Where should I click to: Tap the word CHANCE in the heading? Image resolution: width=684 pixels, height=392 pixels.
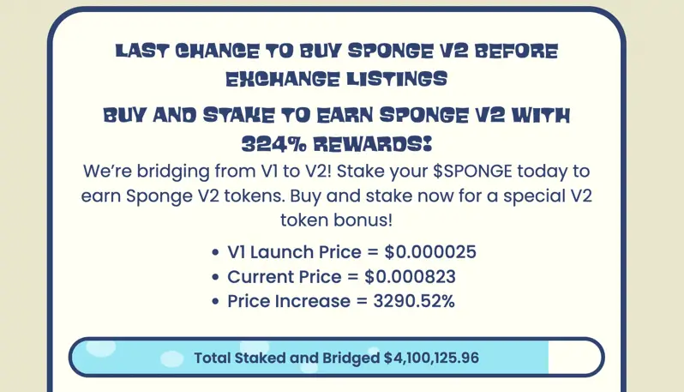tap(217, 51)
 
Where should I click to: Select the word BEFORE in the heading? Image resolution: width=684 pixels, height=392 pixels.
tap(517, 51)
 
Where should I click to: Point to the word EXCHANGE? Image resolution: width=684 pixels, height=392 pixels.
tap(283, 79)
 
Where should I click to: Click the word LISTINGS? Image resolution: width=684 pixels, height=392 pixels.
tap(397, 79)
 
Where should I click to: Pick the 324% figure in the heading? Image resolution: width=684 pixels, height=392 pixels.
tap(274, 143)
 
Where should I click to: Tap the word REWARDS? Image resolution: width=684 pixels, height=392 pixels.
tap(373, 143)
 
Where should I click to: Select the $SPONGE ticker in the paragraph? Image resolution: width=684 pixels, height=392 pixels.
tap(472, 171)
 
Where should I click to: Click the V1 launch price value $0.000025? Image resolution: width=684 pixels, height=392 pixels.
tap(430, 252)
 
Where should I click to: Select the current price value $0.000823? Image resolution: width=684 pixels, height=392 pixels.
tap(410, 277)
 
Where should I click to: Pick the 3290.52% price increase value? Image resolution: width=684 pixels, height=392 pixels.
tap(414, 301)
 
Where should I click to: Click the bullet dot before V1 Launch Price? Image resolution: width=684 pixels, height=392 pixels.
tap(214, 252)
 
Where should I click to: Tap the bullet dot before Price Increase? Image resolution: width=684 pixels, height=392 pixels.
tap(214, 302)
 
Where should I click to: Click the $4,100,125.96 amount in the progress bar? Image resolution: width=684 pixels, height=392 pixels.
tap(431, 358)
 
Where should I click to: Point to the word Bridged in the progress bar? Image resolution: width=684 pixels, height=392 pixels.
tap(351, 358)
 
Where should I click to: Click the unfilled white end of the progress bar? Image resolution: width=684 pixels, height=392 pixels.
tap(573, 357)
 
